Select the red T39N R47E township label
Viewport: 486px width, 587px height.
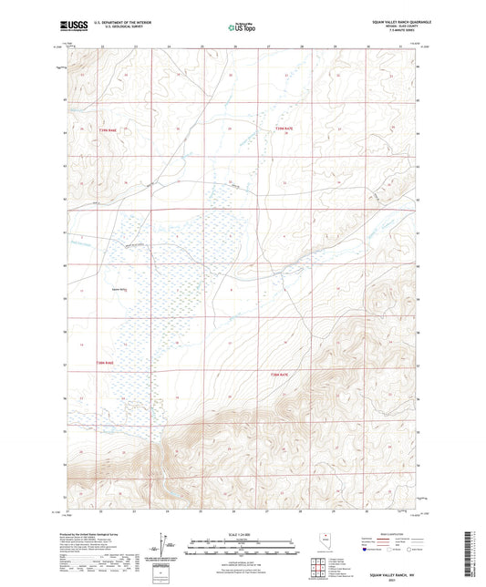(285, 130)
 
